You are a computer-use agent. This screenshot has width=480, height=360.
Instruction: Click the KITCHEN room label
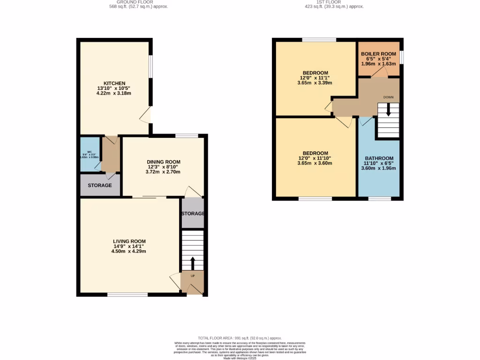pos(114,83)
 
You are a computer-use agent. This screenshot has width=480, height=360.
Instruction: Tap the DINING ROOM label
pos(164,162)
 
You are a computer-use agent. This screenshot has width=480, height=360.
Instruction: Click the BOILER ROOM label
pos(379,54)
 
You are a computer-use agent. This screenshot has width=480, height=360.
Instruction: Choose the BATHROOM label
pos(379,158)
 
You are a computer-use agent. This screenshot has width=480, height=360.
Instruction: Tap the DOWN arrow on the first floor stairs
pos(388,111)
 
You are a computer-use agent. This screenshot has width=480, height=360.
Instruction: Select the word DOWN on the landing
pos(388,97)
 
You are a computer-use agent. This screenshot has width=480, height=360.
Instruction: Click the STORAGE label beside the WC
pos(100,186)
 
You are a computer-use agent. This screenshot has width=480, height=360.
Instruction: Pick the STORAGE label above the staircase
pos(193,214)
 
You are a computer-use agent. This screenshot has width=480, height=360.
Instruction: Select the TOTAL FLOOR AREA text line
pos(240,338)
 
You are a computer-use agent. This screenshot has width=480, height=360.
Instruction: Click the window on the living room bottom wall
pos(127,294)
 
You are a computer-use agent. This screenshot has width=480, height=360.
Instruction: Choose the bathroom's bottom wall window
pos(379,199)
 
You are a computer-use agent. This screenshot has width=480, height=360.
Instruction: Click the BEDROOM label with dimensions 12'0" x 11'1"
pos(315,73)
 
